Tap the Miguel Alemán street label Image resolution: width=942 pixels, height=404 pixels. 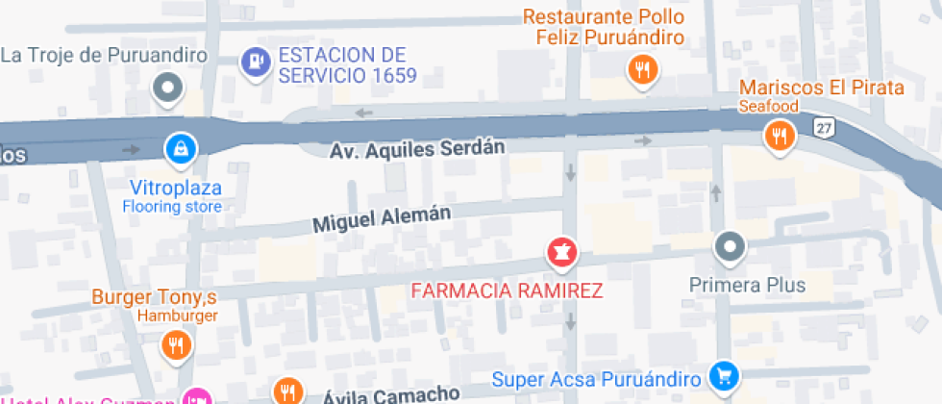[x=382, y=220]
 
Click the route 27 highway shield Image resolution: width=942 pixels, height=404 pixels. [x=822, y=128]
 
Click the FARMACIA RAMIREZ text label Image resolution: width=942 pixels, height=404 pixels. [x=507, y=290]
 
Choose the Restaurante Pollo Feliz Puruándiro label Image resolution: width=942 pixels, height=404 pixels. [x=605, y=28]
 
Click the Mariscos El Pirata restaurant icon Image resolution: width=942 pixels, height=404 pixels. [x=780, y=137]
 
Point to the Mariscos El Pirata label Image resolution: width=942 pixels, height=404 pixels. [x=822, y=88]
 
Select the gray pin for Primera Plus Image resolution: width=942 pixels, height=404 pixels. [x=731, y=247]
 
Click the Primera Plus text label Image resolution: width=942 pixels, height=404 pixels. [x=748, y=285]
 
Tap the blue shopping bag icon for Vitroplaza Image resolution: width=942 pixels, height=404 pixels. [x=179, y=148]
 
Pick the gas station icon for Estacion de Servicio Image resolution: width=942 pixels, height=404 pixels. [x=254, y=62]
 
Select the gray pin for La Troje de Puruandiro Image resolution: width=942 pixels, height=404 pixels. [x=169, y=88]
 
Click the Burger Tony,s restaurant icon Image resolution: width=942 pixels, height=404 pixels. [x=175, y=344]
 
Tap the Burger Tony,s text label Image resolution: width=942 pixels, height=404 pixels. [x=155, y=296]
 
